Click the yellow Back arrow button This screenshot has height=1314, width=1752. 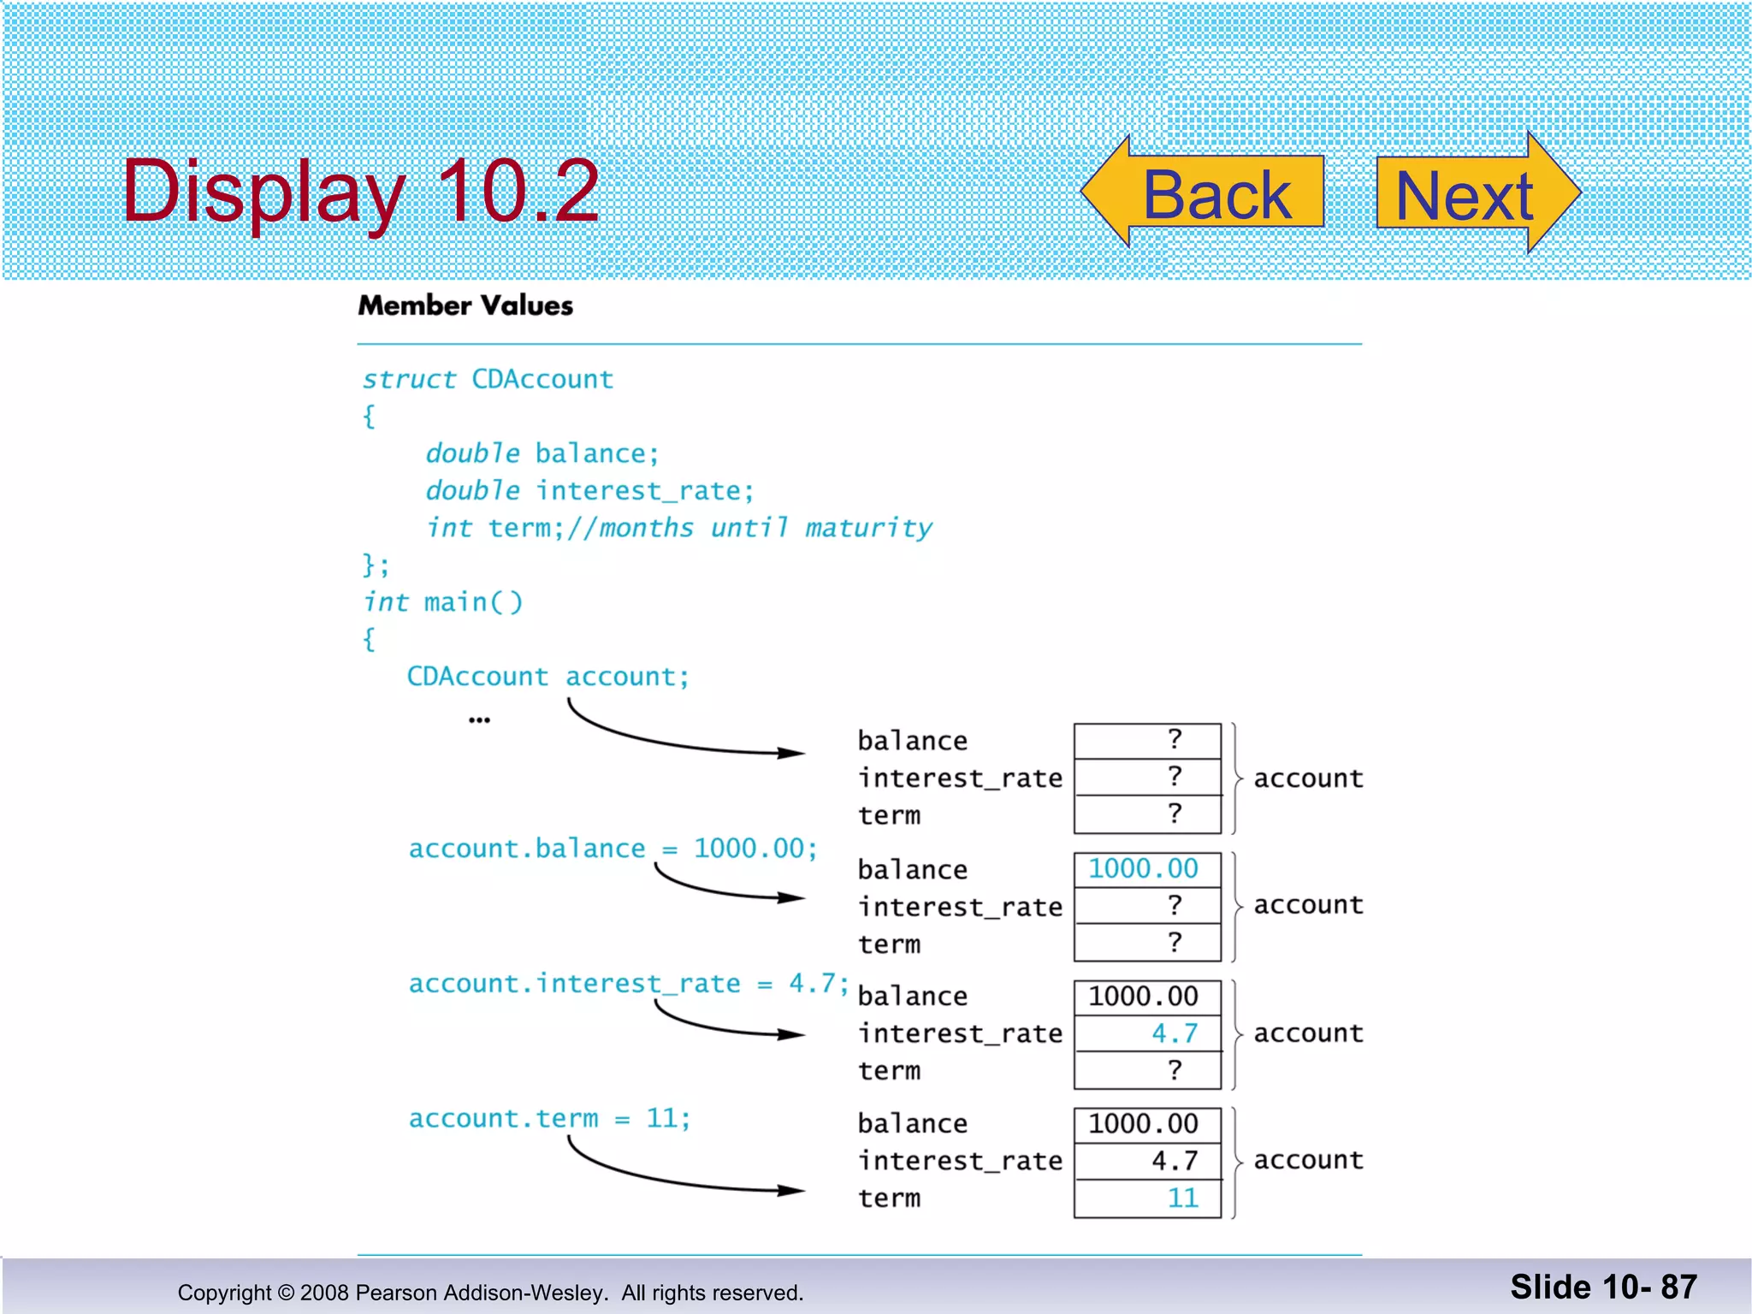point(1206,193)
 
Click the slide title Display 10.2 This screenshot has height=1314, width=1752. point(360,192)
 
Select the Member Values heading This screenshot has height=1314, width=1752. point(465,305)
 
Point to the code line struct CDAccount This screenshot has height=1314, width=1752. point(488,379)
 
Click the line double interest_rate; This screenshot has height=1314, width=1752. point(590,491)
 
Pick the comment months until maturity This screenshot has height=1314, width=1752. point(766,528)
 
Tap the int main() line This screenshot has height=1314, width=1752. point(443,602)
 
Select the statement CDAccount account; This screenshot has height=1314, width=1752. point(547,677)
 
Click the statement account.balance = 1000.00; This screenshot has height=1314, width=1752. point(613,849)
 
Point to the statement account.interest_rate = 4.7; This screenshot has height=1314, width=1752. point(629,984)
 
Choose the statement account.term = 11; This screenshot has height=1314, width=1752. point(549,1119)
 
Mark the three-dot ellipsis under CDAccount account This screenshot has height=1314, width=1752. point(479,721)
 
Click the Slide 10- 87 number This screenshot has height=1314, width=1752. point(1603,1287)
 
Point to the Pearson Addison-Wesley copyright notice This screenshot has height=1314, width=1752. point(490,1293)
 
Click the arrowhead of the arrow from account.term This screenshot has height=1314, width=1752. point(791,1189)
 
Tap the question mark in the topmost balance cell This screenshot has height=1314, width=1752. point(1175,739)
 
